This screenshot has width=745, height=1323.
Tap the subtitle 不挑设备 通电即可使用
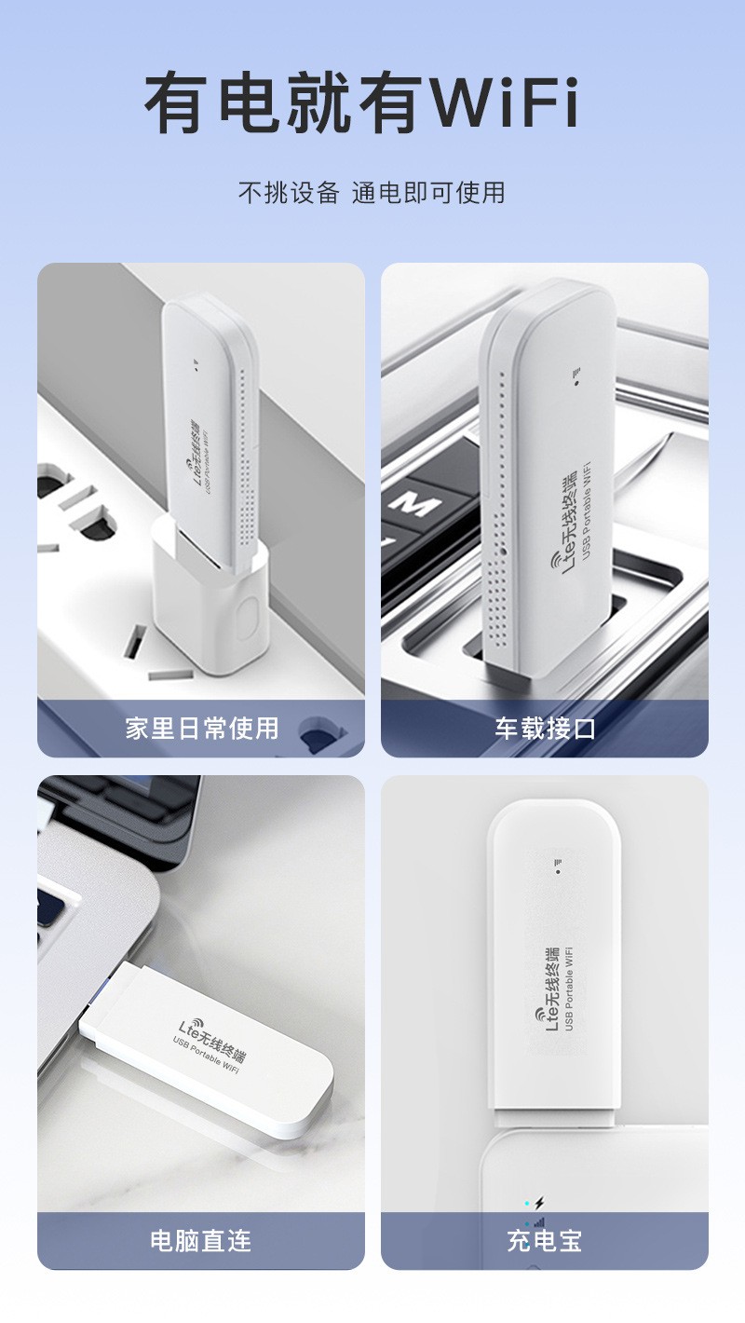point(372,193)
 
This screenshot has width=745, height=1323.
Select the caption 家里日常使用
point(201,729)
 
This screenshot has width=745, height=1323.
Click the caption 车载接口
point(545,729)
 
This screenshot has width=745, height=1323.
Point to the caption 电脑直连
point(201,1241)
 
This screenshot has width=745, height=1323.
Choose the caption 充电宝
point(544,1241)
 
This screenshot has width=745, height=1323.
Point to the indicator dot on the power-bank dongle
point(558,871)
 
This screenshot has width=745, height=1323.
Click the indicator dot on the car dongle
point(576,383)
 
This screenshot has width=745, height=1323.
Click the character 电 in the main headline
point(249,102)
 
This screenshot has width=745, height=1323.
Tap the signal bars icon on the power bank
point(539,1223)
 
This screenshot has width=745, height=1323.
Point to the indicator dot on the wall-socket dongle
point(196,370)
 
